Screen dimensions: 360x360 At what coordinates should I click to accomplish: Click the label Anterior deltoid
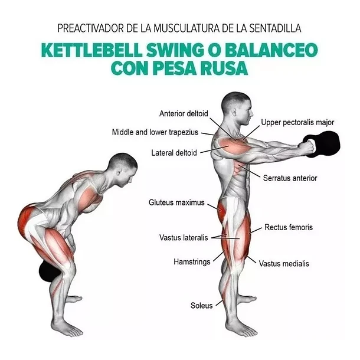pyautogui.click(x=184, y=113)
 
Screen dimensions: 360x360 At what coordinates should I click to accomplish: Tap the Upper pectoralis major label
pyautogui.click(x=297, y=122)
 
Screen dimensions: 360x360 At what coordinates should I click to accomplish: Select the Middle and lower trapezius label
pyautogui.click(x=155, y=132)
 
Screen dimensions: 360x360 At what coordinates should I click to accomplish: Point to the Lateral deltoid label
pyautogui.click(x=174, y=153)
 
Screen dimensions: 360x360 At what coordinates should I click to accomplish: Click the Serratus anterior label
pyautogui.click(x=290, y=178)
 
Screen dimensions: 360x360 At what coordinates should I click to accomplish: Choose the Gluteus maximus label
pyautogui.click(x=176, y=202)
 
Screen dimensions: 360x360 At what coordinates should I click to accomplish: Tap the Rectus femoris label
pyautogui.click(x=289, y=227)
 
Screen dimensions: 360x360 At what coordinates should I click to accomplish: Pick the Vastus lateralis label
pyautogui.click(x=184, y=238)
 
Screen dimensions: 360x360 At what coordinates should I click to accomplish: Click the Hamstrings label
pyautogui.click(x=192, y=261)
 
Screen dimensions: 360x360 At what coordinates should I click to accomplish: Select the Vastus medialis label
pyautogui.click(x=284, y=264)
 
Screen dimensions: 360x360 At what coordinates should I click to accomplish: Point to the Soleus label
pyautogui.click(x=202, y=306)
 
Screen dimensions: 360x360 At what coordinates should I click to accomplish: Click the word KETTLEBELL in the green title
pyautogui.click(x=92, y=50)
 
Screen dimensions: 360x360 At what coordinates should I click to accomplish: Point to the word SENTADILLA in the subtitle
pyautogui.click(x=275, y=28)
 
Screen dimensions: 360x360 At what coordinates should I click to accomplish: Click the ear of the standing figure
pyautogui.click(x=234, y=112)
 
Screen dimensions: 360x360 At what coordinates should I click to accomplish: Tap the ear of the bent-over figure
pyautogui.click(x=119, y=172)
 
